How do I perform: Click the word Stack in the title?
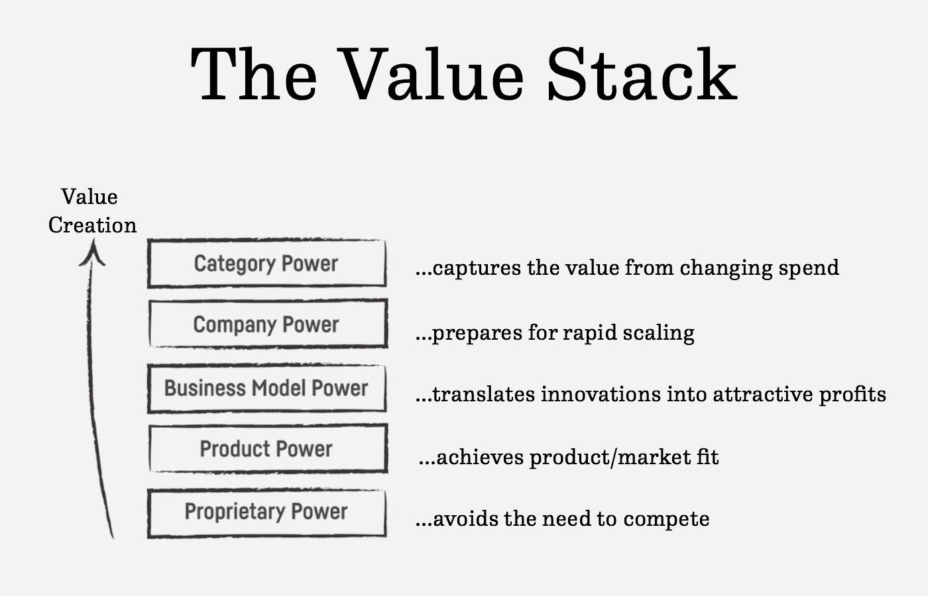(x=642, y=74)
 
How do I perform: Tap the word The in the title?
(x=253, y=74)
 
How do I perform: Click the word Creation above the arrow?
(x=92, y=225)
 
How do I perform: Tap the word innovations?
(x=601, y=394)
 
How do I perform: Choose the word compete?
(x=666, y=520)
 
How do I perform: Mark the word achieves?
(x=480, y=458)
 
